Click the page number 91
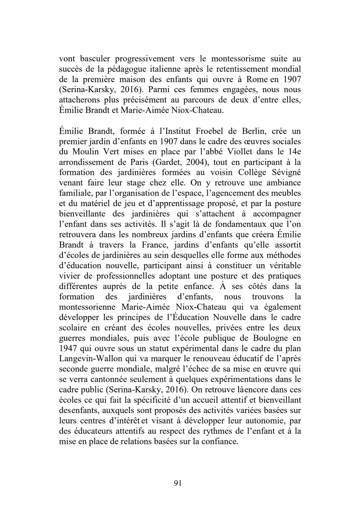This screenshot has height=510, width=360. click(x=178, y=483)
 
